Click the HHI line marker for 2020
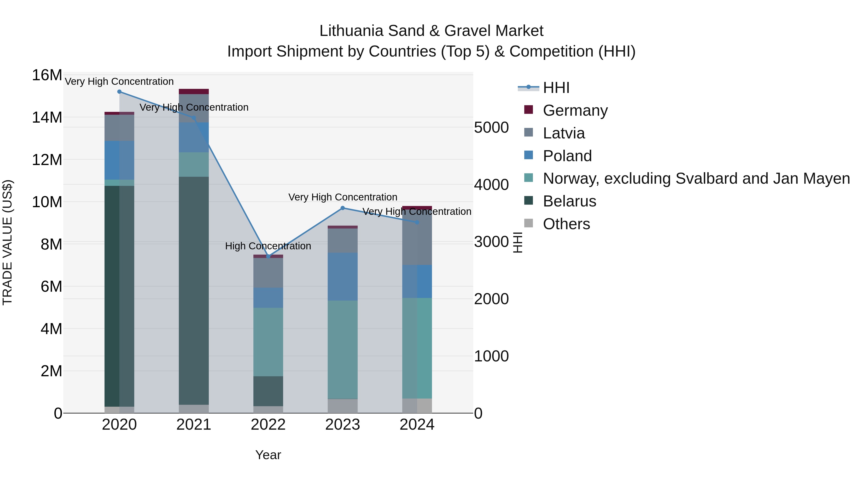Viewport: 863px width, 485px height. point(119,92)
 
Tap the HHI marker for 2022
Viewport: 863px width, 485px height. point(268,256)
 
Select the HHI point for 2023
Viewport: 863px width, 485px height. point(342,208)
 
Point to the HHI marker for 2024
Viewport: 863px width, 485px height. point(417,222)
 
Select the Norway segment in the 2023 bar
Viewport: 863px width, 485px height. point(342,349)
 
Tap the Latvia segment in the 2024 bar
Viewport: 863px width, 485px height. point(417,238)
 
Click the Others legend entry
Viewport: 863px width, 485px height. point(566,224)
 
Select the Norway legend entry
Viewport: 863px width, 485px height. point(696,178)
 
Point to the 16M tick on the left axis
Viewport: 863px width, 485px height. point(47,75)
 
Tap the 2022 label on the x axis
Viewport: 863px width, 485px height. point(268,425)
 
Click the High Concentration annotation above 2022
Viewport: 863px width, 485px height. point(268,246)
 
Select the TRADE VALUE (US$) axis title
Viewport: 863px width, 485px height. point(7,242)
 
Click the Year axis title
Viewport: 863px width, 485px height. point(268,455)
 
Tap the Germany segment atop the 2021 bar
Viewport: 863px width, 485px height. point(194,91)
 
